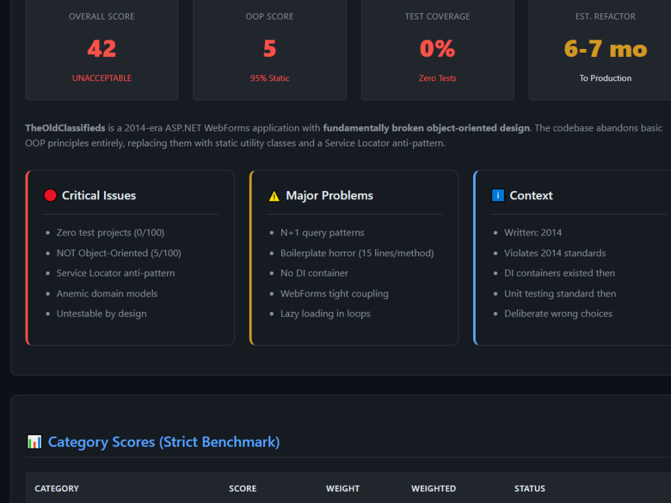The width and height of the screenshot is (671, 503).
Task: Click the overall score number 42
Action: click(x=102, y=48)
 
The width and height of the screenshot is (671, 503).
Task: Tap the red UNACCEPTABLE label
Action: click(x=102, y=78)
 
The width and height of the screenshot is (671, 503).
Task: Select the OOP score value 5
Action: click(x=270, y=48)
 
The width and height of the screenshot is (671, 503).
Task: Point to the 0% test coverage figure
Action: click(x=437, y=48)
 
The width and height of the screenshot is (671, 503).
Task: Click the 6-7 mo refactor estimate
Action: click(x=605, y=49)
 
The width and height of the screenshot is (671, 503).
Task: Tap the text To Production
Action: click(x=605, y=78)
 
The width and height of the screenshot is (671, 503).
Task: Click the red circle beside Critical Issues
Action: click(x=50, y=195)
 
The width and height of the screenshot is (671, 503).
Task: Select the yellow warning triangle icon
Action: click(x=274, y=197)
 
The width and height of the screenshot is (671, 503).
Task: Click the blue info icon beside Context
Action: click(x=498, y=195)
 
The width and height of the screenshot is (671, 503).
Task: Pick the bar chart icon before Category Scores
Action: click(x=34, y=442)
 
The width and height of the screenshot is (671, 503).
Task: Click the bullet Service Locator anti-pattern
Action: click(x=115, y=274)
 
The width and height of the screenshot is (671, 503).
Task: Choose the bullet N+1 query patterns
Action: click(x=322, y=233)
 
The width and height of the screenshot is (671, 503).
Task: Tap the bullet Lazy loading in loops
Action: click(x=325, y=314)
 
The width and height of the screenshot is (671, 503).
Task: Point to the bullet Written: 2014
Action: click(x=533, y=233)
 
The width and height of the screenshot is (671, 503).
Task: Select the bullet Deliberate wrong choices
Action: click(x=558, y=313)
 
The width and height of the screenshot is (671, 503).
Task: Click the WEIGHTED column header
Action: click(x=433, y=488)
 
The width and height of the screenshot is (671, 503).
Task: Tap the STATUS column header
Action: click(x=530, y=488)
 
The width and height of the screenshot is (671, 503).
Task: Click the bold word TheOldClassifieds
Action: click(x=65, y=128)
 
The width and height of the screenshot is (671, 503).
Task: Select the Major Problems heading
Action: click(x=329, y=195)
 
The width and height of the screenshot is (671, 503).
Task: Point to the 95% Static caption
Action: click(x=270, y=78)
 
